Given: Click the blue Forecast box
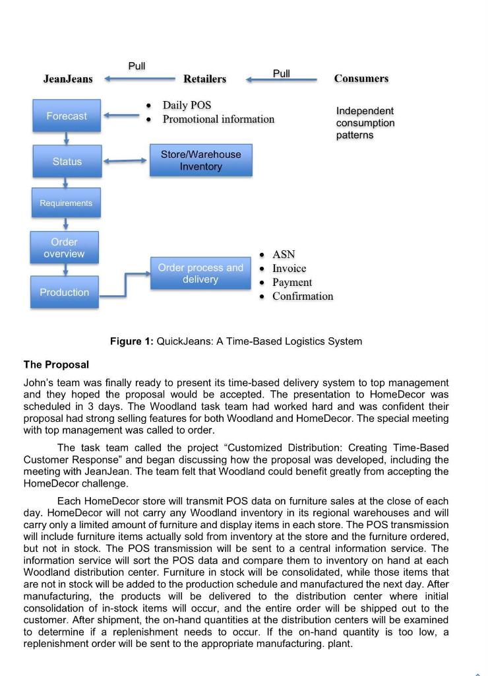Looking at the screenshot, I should click(x=67, y=116).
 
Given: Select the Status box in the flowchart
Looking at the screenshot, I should click(x=67, y=162).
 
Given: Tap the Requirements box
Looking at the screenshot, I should click(x=66, y=203).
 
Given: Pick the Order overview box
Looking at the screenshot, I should click(x=64, y=248).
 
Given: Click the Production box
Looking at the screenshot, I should click(x=64, y=292).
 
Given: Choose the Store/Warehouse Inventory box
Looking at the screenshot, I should click(x=200, y=160).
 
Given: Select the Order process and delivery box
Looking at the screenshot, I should click(x=200, y=273).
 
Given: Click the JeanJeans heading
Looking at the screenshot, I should click(x=68, y=79).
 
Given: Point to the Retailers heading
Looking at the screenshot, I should click(x=204, y=79).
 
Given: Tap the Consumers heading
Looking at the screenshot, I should click(x=361, y=79).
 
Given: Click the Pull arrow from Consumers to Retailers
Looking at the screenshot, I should click(x=282, y=80).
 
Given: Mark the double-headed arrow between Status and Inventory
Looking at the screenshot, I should click(x=126, y=160).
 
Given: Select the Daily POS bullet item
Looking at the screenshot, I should click(x=187, y=105).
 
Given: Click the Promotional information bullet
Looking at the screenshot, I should click(x=218, y=119).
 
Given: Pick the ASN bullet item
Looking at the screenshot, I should click(x=284, y=254).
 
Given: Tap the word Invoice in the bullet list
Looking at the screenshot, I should click(x=290, y=268).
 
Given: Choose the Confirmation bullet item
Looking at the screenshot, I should click(x=303, y=296).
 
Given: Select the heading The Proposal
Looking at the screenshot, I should click(x=56, y=364).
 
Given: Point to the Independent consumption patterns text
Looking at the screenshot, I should click(x=365, y=123).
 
